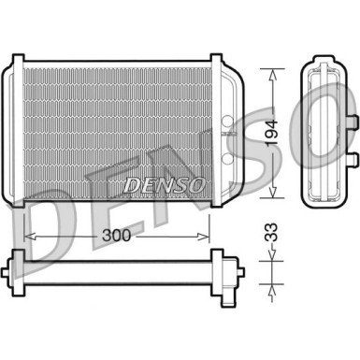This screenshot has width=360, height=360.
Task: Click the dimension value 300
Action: point(117,236)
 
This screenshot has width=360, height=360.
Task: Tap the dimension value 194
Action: point(271,132)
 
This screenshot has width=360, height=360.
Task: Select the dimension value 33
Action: point(270,232)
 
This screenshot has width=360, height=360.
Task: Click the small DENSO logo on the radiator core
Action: point(164,185)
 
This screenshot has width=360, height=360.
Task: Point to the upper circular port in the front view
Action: point(228,121)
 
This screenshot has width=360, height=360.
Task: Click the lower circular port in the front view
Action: point(228,158)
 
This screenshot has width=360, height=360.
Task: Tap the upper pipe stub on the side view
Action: point(351,122)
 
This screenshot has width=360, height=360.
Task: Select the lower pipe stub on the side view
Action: point(351,158)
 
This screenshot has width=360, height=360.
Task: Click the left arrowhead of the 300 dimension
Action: point(29,237)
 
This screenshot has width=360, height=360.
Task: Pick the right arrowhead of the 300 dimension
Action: point(205,237)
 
